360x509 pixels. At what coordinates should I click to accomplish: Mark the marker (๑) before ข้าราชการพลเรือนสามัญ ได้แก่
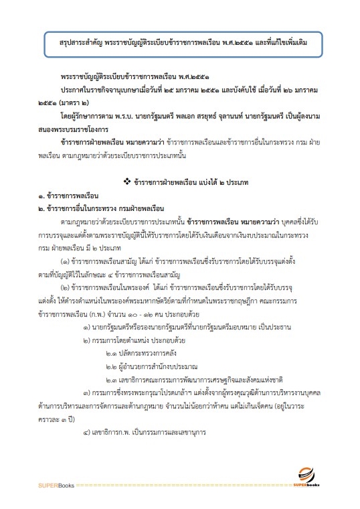coord(64,259)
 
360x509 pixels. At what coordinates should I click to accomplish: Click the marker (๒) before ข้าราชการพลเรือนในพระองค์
coord(64,285)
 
